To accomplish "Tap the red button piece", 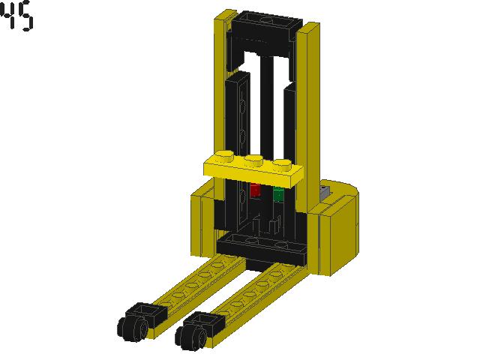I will (255, 190).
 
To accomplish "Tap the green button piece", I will (278, 194).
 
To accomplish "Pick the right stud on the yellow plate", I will (282, 163).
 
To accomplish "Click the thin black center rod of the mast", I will (267, 105).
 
